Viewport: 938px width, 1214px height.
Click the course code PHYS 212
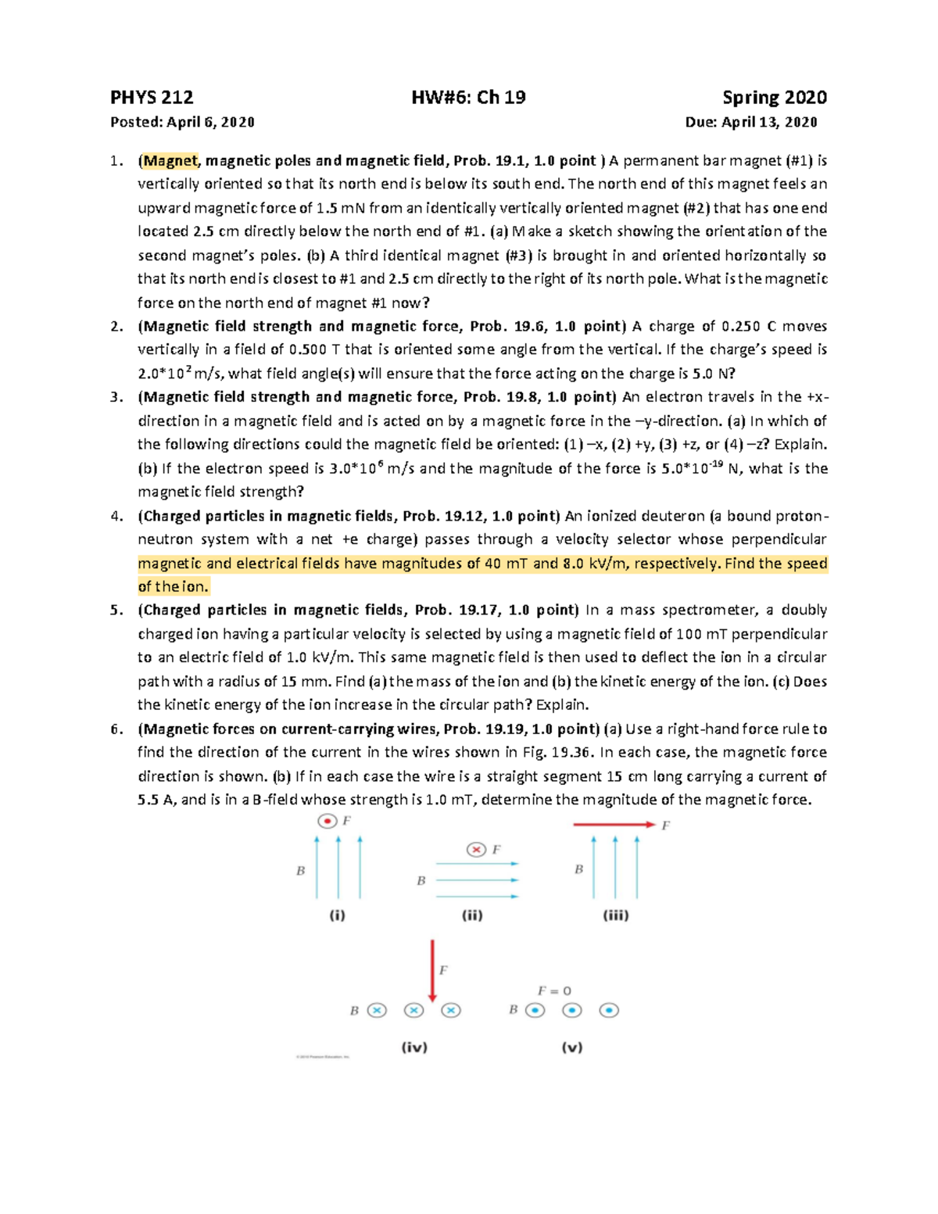click(x=152, y=98)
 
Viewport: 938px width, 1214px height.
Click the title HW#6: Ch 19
click(x=468, y=98)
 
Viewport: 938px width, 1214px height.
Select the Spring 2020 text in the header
click(x=774, y=98)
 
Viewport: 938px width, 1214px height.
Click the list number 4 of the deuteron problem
click(x=116, y=516)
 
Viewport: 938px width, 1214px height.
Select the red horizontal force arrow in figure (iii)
click(x=614, y=825)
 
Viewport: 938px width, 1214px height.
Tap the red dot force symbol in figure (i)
click(x=328, y=821)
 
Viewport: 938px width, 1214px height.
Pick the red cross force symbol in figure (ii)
click(x=475, y=850)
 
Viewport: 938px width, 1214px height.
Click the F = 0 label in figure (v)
click(x=553, y=990)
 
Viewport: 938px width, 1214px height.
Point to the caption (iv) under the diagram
click(x=414, y=1047)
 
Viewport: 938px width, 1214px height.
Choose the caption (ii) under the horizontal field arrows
click(x=472, y=915)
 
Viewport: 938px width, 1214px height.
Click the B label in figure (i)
click(x=300, y=870)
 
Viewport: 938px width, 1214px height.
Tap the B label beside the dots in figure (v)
click(x=514, y=1009)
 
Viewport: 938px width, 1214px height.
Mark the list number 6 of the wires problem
click(x=116, y=729)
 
